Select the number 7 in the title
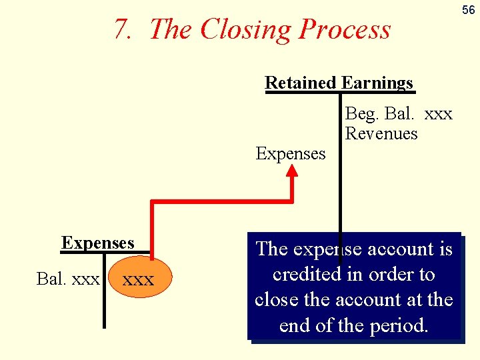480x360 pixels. [121, 29]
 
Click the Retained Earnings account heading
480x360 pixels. [339, 83]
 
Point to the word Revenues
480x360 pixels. [381, 133]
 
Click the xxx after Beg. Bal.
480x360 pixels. [438, 113]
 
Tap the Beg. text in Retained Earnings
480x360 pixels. [361, 113]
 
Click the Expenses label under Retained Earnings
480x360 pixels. [291, 153]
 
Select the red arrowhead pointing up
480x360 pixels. [293, 171]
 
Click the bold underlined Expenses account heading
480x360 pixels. [98, 243]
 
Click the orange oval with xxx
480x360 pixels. [139, 279]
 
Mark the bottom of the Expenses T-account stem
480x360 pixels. [105, 325]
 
